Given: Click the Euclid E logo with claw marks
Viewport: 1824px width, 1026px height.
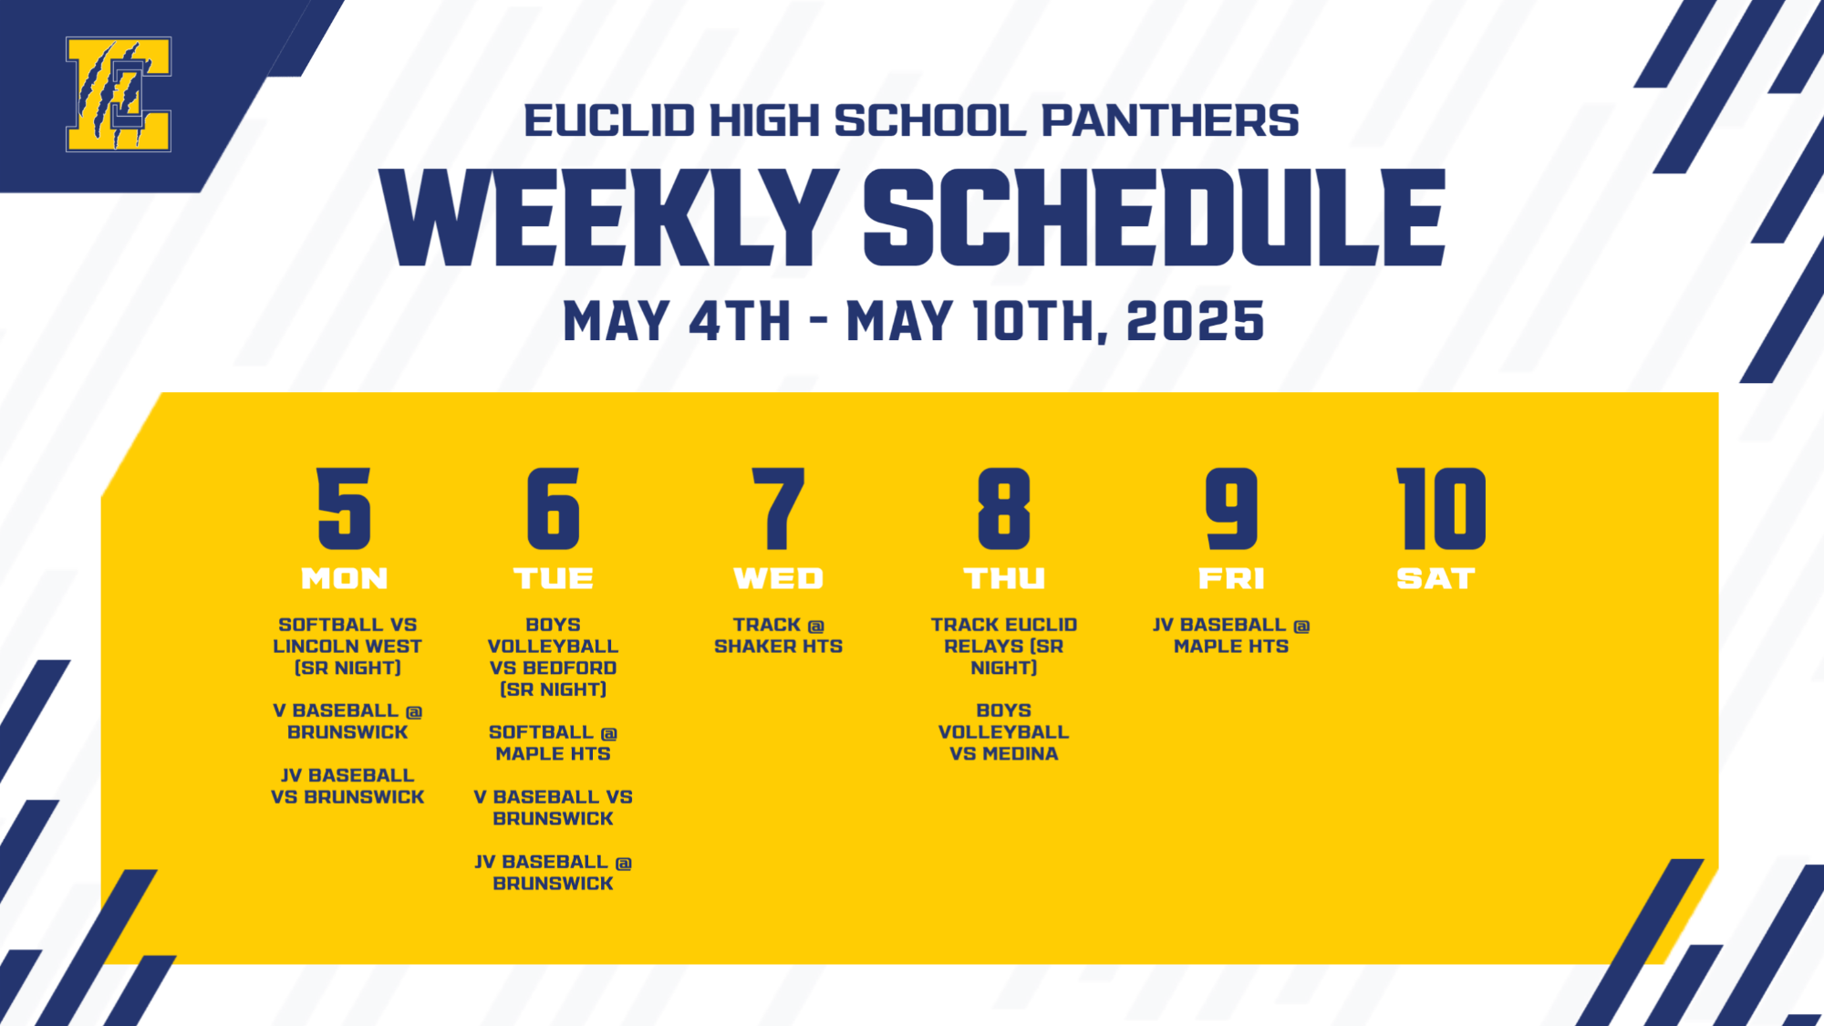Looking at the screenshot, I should coord(119,94).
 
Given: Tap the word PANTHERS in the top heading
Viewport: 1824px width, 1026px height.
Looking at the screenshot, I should coord(1170,121).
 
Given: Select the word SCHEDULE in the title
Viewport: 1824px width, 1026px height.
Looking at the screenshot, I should coord(1154,219).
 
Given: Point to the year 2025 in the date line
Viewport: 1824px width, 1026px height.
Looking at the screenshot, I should coord(1195,322).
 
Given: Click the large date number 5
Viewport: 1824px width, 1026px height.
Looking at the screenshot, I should coord(345,509).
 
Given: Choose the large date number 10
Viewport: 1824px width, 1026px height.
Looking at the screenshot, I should coord(1441,509).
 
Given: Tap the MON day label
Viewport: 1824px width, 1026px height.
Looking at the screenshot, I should coord(345,578).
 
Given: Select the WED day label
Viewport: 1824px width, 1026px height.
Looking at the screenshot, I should coord(778,578).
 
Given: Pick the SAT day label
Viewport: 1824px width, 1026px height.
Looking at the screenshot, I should coord(1436,578).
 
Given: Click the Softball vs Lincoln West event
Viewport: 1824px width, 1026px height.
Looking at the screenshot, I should coord(347,646).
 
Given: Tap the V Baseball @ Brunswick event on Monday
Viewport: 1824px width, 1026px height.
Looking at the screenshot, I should coord(347,721).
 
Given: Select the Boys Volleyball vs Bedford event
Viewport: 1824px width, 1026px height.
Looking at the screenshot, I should coord(553,657).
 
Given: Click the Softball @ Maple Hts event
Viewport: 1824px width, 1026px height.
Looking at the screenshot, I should coord(553,742).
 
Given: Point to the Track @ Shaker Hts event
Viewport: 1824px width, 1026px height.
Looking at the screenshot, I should coord(778,636).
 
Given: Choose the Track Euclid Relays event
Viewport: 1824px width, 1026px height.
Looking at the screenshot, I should coord(1003,646).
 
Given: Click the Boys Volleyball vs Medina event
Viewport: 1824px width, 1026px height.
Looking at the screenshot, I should coord(1003,731).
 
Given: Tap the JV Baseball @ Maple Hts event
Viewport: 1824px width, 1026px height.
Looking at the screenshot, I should coord(1231,636).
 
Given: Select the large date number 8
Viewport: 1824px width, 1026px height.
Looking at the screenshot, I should coord(1003,509).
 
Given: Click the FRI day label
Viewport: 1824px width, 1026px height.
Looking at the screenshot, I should coord(1231,578).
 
